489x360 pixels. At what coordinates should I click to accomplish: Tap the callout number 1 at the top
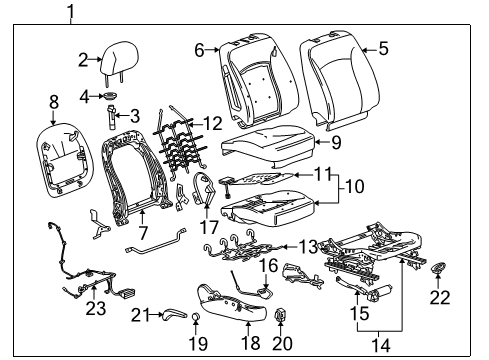(x=70, y=12)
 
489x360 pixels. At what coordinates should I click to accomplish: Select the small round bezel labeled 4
(x=111, y=97)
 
